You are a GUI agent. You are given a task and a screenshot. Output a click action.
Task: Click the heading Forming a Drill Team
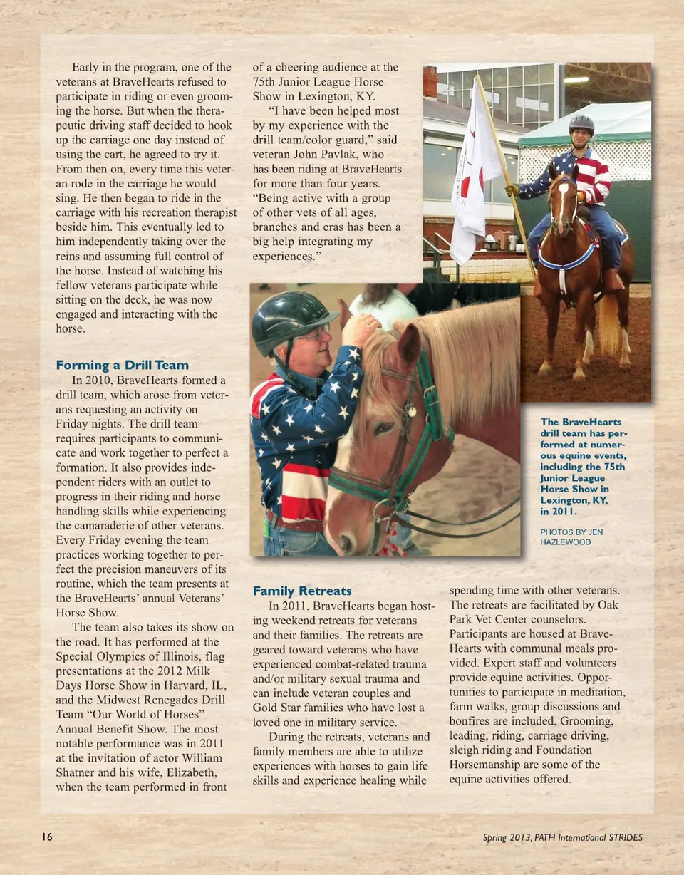[x=122, y=366]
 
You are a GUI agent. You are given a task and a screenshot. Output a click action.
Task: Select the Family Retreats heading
[x=302, y=591]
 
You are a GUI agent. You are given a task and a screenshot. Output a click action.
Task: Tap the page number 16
[x=47, y=837]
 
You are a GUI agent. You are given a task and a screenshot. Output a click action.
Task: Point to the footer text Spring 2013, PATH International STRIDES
[x=562, y=838]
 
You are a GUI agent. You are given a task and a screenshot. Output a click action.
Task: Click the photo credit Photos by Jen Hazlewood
[x=571, y=537]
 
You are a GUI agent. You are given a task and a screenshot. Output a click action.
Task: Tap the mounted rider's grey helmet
[x=581, y=124]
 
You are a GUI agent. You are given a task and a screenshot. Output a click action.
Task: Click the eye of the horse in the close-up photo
[x=385, y=428]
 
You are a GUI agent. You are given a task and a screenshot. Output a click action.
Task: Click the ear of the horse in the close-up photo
[x=412, y=342]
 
